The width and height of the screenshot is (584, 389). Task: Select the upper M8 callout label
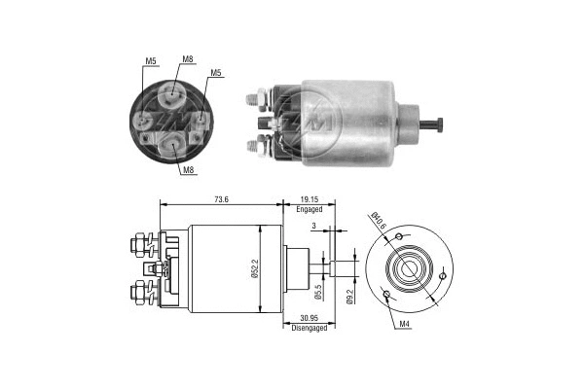(x=187, y=59)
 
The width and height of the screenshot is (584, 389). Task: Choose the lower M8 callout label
(x=185, y=170)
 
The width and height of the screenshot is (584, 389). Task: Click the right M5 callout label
(x=215, y=71)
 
